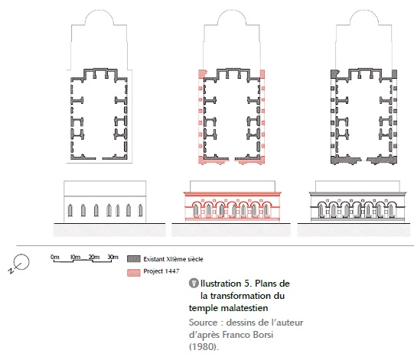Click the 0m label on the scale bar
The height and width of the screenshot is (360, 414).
54,257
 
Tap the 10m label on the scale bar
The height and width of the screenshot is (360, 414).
75,257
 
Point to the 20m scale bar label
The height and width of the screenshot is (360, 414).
94,257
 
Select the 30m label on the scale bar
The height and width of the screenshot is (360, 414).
113,257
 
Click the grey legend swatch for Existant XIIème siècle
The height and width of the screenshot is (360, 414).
134,258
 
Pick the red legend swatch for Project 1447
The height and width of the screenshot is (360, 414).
134,273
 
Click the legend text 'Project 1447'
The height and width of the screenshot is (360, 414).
161,271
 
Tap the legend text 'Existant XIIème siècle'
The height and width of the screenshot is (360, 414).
173,259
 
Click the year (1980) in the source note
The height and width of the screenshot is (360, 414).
204,346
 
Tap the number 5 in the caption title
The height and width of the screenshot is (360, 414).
247,284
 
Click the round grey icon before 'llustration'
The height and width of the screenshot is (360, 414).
194,284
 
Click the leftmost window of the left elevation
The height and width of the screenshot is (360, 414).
70,210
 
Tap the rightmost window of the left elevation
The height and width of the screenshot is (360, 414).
141,210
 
